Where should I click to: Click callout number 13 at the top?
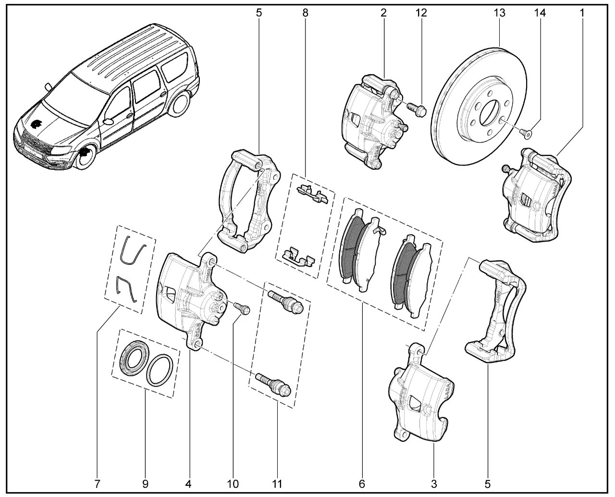click(x=500, y=13)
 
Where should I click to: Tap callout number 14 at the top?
click(x=541, y=13)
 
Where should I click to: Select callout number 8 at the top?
click(x=305, y=13)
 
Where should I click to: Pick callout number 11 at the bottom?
click(x=277, y=483)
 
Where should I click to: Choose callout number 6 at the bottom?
click(x=362, y=483)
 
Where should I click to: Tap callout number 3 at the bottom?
click(x=434, y=483)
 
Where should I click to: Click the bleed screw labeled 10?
click(x=242, y=308)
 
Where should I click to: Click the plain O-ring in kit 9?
click(x=160, y=370)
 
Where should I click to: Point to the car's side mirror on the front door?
click(x=109, y=120)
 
